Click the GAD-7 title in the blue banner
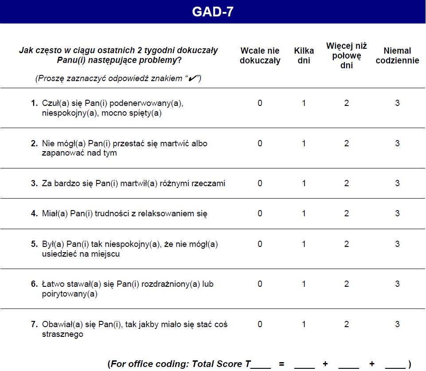[213, 12]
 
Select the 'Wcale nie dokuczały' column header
[260, 56]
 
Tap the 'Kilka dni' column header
[304, 56]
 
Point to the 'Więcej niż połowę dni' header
[346, 56]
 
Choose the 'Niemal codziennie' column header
[397, 56]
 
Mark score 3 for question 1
[397, 103]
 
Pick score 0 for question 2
[260, 144]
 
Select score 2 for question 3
[346, 184]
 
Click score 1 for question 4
[304, 214]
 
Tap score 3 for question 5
[397, 244]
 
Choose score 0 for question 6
[260, 284]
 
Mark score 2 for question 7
[346, 324]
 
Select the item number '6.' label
[34, 284]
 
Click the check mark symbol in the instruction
[192, 78]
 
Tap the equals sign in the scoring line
[281, 364]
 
